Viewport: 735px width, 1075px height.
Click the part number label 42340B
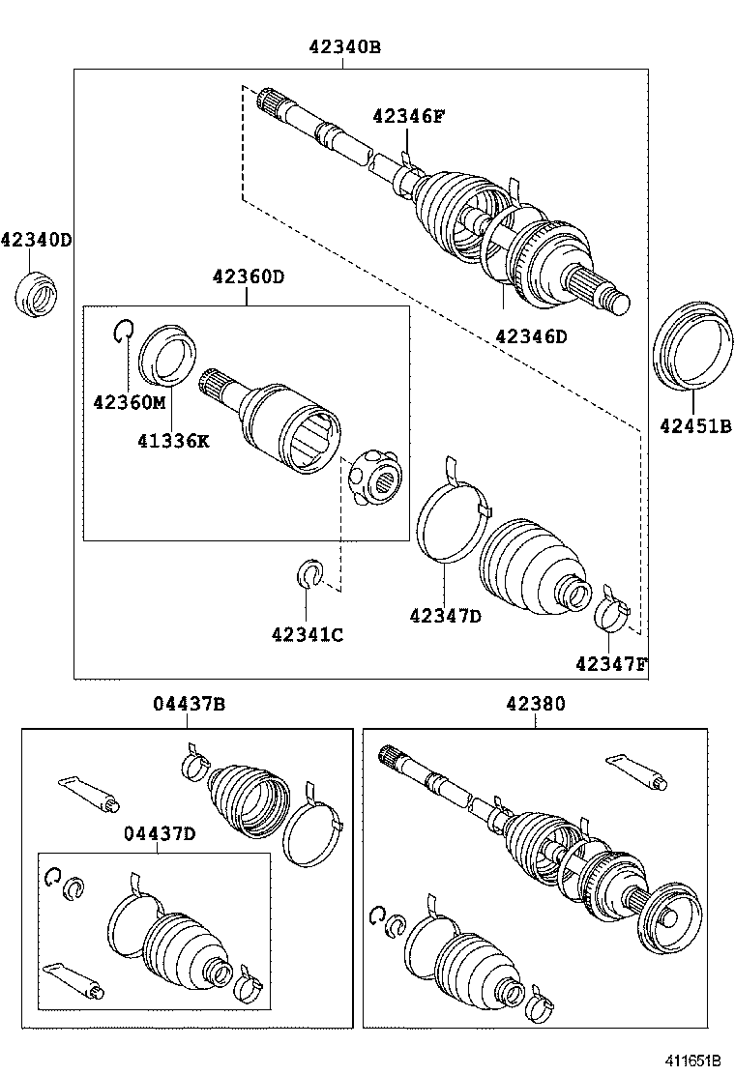(x=345, y=45)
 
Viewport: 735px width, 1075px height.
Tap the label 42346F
(x=408, y=116)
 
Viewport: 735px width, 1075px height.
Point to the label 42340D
(x=36, y=239)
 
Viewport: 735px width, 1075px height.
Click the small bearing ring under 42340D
(x=38, y=294)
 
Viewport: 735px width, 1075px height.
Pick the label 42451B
(x=695, y=423)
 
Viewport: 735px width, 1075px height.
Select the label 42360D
(x=249, y=276)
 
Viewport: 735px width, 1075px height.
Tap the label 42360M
(x=130, y=401)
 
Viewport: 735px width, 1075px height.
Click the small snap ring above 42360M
(x=122, y=332)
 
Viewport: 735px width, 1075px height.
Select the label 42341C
(x=308, y=634)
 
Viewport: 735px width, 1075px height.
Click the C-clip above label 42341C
(x=307, y=573)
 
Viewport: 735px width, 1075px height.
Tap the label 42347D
(x=445, y=615)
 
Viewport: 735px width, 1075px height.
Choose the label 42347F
(x=611, y=663)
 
